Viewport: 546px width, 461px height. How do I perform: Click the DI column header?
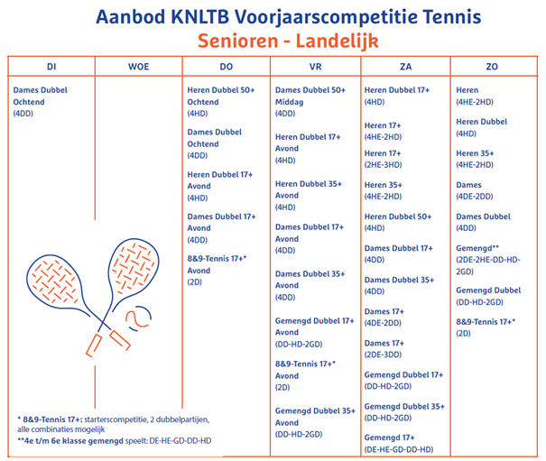click(51, 67)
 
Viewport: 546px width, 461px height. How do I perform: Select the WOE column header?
click(139, 67)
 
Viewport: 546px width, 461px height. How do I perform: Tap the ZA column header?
click(405, 67)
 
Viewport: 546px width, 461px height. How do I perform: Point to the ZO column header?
click(492, 67)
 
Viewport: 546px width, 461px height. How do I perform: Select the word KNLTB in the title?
click(199, 16)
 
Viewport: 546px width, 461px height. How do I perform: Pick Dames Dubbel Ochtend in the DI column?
click(41, 96)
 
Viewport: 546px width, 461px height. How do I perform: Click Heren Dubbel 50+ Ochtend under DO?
click(221, 96)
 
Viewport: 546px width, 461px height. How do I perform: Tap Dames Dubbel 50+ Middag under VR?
click(310, 96)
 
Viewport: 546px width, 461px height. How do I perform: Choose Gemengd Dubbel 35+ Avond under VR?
click(314, 417)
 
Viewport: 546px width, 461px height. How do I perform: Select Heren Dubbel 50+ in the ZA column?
click(398, 217)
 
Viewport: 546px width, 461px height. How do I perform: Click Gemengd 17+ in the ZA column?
click(384, 438)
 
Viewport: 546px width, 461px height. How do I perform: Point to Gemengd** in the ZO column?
click(477, 245)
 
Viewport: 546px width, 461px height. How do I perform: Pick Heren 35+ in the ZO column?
click(475, 153)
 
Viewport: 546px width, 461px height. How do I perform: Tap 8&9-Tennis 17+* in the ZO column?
click(486, 322)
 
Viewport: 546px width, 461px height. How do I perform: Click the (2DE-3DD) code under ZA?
click(384, 355)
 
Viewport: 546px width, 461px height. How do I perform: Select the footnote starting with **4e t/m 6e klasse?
click(116, 441)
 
